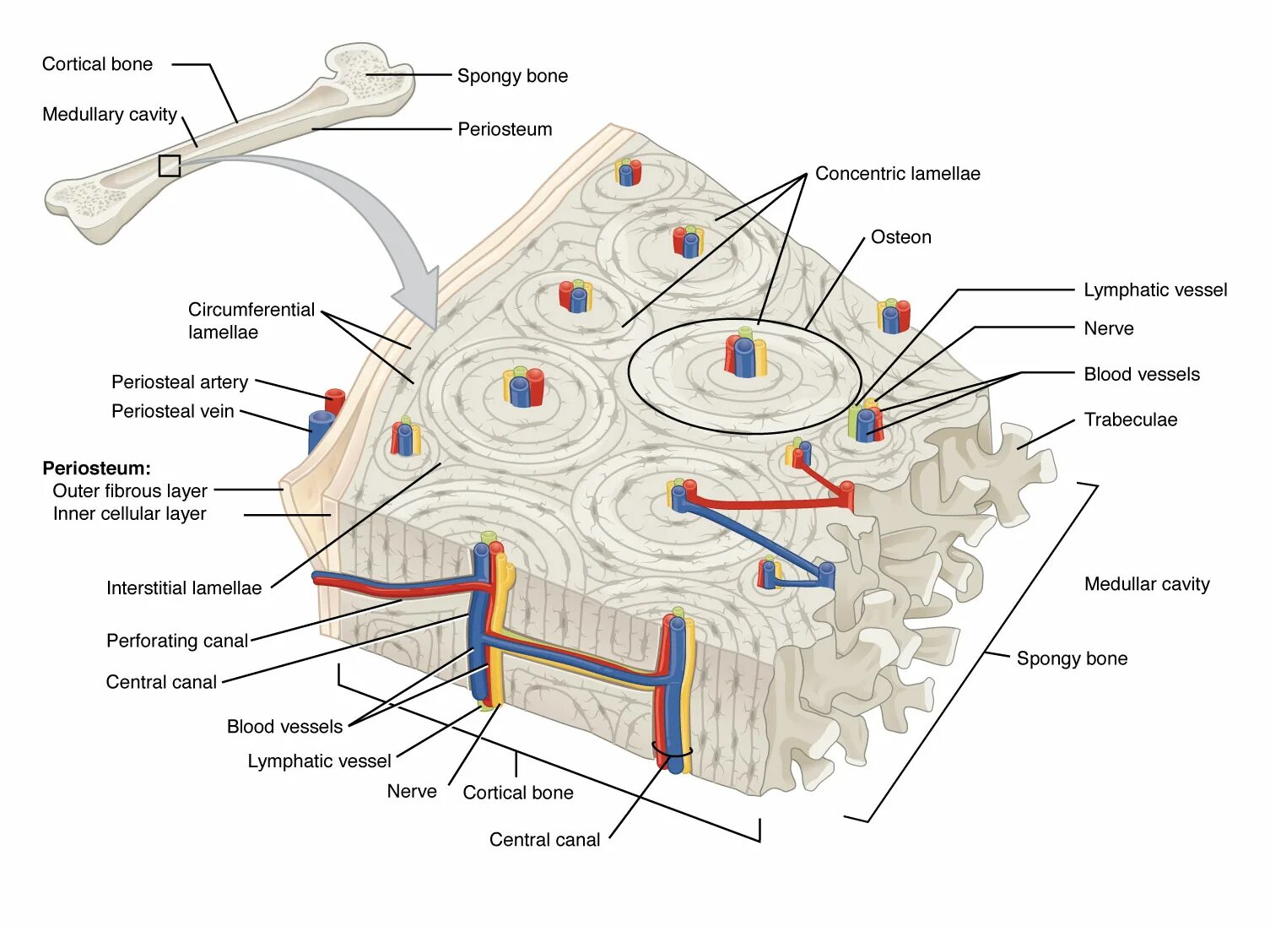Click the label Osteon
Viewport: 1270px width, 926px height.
900,237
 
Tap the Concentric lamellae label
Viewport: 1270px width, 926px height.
897,174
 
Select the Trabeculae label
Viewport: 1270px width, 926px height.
1130,420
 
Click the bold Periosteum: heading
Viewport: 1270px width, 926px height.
96,468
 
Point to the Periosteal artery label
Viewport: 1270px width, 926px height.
180,382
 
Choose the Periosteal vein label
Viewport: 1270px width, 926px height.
172,411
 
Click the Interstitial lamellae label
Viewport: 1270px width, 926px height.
184,588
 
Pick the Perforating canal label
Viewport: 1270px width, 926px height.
177,641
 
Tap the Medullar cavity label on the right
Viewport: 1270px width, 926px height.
1146,584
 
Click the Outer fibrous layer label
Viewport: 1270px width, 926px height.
130,491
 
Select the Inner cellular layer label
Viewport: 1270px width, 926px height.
129,514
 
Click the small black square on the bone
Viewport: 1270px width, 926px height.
170,165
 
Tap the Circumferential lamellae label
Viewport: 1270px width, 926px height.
251,321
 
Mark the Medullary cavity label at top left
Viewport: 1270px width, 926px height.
110,115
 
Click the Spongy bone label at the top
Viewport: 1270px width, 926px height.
512,76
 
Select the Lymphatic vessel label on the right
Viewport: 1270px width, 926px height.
1154,290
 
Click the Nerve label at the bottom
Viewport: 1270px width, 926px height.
412,792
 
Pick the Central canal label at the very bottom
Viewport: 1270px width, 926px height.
544,840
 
